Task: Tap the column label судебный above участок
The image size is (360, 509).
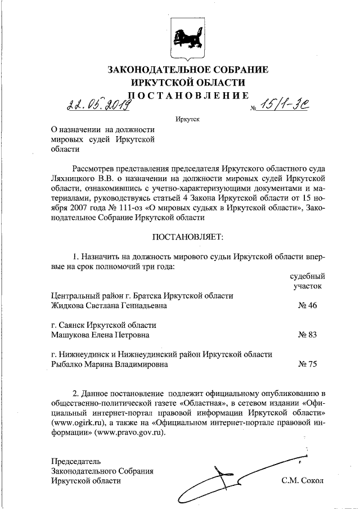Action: pos(307,277)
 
